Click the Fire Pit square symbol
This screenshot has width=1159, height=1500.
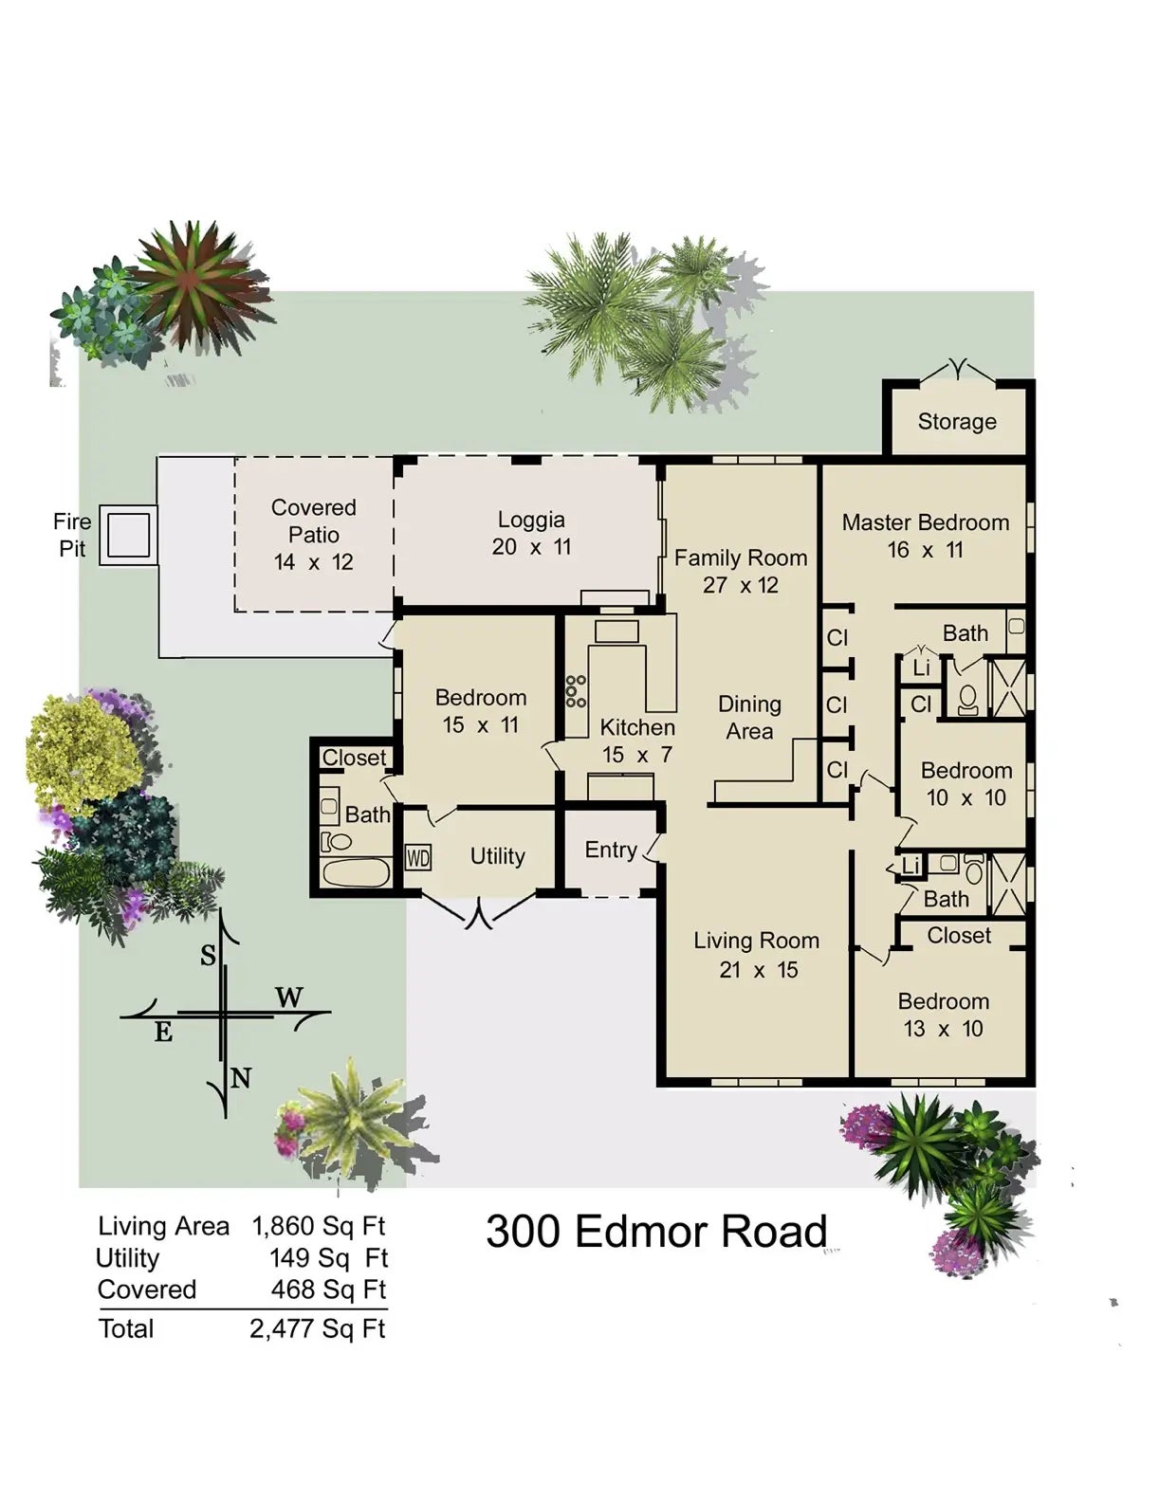[x=128, y=535]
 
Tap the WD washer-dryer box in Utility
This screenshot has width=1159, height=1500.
[x=418, y=858]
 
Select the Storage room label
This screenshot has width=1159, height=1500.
[x=957, y=421]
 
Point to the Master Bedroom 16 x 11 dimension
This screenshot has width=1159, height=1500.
[x=925, y=550]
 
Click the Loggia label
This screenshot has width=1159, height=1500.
[x=531, y=519]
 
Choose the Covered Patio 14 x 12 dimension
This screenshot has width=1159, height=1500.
[x=313, y=562]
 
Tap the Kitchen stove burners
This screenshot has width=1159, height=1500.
[x=576, y=691]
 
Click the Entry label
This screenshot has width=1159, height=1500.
[x=611, y=850]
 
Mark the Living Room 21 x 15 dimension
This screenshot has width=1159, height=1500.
[x=759, y=970]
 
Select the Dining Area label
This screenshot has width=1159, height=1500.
[x=749, y=717]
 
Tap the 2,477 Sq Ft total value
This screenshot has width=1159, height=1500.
[x=318, y=1328]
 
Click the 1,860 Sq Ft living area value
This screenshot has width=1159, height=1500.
[x=319, y=1226]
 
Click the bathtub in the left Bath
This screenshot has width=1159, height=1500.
[x=357, y=872]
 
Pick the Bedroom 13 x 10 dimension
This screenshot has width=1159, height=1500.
[x=943, y=1029]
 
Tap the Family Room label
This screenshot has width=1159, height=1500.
[x=741, y=558]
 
